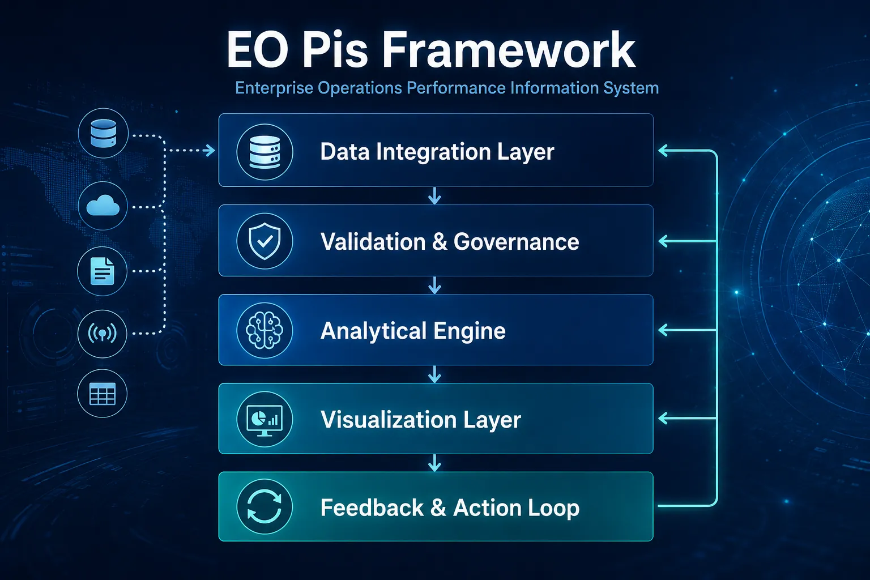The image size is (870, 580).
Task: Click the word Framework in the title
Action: coord(509,50)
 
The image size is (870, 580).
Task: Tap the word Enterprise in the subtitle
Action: coord(274,88)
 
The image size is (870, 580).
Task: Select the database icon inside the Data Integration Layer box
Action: coord(265,152)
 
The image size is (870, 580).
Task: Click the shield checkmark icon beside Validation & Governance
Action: coord(265,241)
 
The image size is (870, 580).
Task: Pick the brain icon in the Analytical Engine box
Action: coord(265,330)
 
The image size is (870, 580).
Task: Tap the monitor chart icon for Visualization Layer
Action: coord(265,420)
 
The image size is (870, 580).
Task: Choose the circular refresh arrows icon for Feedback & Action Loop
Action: coord(265,506)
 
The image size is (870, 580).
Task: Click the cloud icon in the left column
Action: coord(103,206)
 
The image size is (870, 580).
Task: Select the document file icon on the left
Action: coord(102,271)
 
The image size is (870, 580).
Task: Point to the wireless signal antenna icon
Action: coord(102,333)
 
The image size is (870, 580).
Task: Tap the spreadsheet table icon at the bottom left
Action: coord(102,394)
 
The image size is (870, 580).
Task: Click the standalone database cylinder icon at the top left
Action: coord(103,133)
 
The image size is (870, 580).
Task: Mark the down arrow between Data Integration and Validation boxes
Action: coord(434,196)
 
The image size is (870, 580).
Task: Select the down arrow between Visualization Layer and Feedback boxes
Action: coord(434,463)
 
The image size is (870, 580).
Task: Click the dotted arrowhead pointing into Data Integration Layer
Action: coord(210,150)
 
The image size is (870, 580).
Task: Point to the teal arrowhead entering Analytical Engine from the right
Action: coord(663,330)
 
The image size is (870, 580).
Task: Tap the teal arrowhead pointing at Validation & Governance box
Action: coord(663,241)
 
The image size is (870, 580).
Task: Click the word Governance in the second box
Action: coord(516,242)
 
